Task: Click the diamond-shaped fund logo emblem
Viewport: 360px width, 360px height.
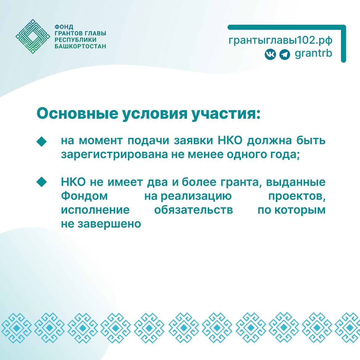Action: point(33,36)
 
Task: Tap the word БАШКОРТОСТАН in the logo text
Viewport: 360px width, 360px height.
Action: point(80,47)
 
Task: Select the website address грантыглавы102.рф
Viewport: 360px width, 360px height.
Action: point(280,40)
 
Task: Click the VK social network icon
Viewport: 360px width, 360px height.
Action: point(270,55)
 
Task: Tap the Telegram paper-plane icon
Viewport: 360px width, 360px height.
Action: point(284,55)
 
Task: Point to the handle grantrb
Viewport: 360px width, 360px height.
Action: point(313,53)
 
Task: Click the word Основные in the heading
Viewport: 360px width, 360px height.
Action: point(77,114)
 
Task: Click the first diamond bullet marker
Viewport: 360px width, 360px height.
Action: point(41,142)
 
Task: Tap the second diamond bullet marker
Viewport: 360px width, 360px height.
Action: point(41,182)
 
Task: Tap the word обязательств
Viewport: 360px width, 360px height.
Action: point(193,210)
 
